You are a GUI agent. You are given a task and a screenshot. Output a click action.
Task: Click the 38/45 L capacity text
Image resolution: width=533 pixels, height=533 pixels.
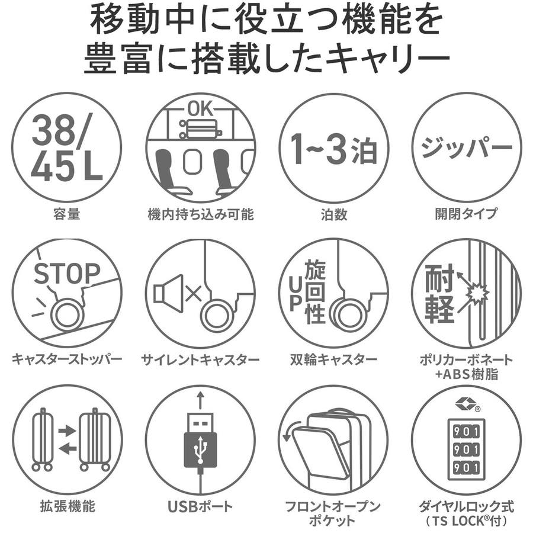(x=67, y=148)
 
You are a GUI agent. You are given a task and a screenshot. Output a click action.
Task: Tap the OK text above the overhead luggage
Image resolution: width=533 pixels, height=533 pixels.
(x=201, y=109)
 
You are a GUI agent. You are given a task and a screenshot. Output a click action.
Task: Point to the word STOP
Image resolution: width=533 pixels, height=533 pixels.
(x=67, y=273)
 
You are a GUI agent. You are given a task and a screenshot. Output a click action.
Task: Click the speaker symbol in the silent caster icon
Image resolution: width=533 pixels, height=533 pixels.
(x=168, y=293)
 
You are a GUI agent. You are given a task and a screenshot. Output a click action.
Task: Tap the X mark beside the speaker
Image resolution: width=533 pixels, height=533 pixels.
(x=194, y=294)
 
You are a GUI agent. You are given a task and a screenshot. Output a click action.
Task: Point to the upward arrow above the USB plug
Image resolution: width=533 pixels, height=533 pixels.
(x=201, y=400)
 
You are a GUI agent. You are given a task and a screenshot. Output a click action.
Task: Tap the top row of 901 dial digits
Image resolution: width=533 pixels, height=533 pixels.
(x=466, y=432)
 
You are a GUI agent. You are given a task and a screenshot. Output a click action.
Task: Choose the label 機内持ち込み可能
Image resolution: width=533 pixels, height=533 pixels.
(x=201, y=214)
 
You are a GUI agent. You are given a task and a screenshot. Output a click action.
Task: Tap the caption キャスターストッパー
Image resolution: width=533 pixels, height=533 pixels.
(x=67, y=359)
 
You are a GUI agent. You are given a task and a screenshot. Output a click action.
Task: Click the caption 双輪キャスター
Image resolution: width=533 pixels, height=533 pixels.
(x=333, y=359)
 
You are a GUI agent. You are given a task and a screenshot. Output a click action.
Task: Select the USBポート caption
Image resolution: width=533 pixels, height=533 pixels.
(x=201, y=506)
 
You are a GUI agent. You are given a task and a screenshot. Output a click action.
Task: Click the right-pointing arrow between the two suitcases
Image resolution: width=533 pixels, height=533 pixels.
(x=68, y=431)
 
